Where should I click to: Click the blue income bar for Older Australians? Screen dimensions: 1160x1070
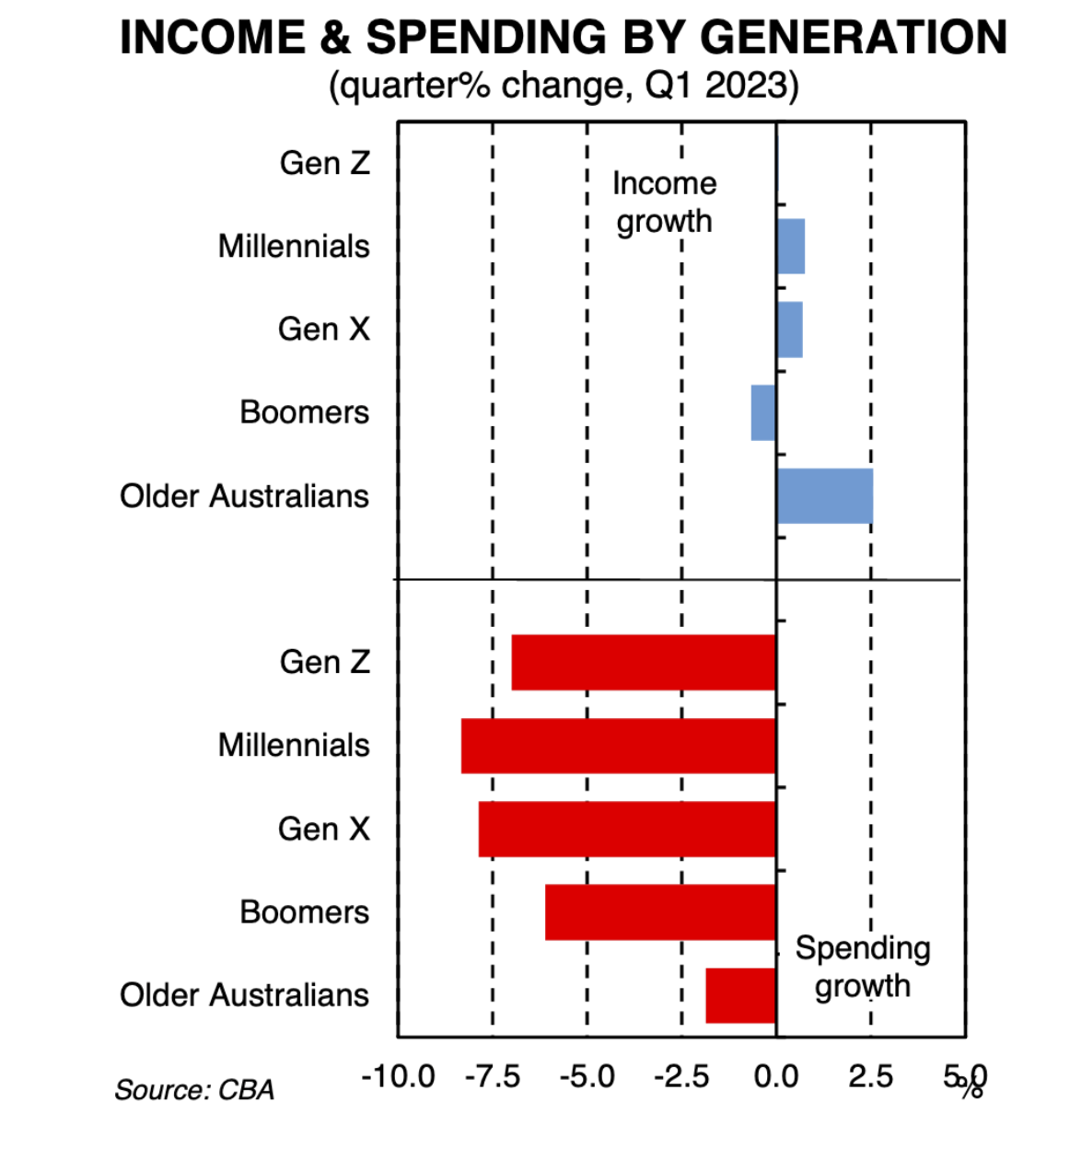click(824, 496)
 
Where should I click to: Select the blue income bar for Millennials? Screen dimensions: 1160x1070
click(790, 247)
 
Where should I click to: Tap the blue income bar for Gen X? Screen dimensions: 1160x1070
click(789, 330)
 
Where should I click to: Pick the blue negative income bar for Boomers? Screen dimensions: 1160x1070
click(763, 412)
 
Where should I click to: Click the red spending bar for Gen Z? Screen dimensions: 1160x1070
click(643, 662)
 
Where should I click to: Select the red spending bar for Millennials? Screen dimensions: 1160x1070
click(618, 746)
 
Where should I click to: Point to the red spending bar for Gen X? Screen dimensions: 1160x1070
click(626, 829)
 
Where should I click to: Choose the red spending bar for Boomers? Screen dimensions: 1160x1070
click(660, 912)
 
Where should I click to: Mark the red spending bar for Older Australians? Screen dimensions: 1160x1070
click(740, 995)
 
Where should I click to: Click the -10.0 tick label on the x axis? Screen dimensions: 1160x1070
click(398, 1076)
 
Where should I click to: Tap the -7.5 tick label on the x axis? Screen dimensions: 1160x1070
click(493, 1076)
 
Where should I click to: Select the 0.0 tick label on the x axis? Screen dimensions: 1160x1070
click(776, 1076)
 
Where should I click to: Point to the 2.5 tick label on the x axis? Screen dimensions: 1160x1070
click(870, 1076)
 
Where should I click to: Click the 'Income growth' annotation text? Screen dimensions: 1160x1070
click(664, 203)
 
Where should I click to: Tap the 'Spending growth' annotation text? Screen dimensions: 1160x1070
click(863, 967)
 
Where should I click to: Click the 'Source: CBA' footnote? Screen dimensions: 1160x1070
click(194, 1090)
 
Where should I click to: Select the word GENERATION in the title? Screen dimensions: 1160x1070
click(854, 38)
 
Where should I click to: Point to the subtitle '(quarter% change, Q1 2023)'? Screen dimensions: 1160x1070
click(564, 86)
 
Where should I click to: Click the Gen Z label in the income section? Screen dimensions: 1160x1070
click(324, 163)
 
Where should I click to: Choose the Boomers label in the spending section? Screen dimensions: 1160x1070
click(304, 912)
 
